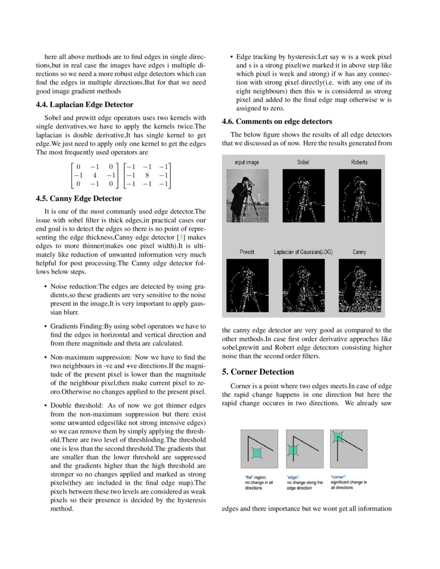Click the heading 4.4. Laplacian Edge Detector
pos(84,104)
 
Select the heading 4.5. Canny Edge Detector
pos(79,199)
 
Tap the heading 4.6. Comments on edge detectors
pos(277,122)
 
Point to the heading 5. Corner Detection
pos(258,372)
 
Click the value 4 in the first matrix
pos(94,175)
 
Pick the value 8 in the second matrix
pos(148,175)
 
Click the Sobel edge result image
pos(303,195)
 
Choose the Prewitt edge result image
pos(247,286)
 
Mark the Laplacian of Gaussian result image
pos(303,286)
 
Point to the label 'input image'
pos(246,162)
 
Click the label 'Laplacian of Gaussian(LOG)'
pos(303,252)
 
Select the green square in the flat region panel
pos(257,453)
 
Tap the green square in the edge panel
pos(293,450)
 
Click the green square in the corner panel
pos(338,438)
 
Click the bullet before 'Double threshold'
pos(46,405)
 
